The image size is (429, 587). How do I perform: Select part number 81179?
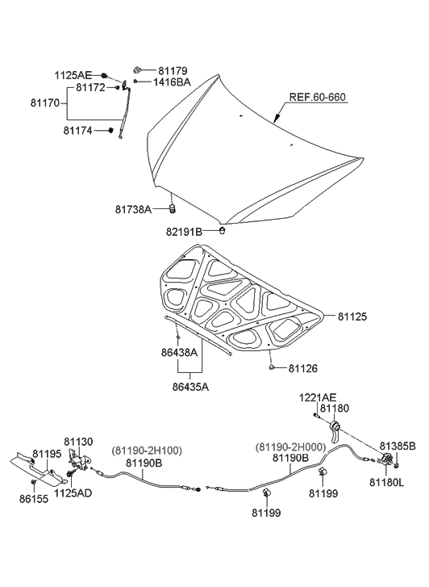click(x=173, y=71)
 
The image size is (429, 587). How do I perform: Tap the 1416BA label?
click(x=170, y=82)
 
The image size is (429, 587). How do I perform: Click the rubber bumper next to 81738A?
click(x=172, y=210)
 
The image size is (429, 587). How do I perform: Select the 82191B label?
click(x=185, y=232)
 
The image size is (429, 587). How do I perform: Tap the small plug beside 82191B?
click(x=221, y=231)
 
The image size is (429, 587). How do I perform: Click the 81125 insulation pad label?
click(x=352, y=317)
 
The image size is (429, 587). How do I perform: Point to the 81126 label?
click(x=302, y=368)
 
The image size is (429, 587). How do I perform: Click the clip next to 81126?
click(x=273, y=368)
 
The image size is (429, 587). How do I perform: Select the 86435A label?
click(x=190, y=387)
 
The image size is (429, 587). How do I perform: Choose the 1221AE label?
click(x=319, y=398)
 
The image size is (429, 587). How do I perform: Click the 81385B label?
click(x=398, y=446)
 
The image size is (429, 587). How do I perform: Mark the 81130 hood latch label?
click(x=79, y=442)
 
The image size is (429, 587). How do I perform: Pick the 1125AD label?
click(x=73, y=491)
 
